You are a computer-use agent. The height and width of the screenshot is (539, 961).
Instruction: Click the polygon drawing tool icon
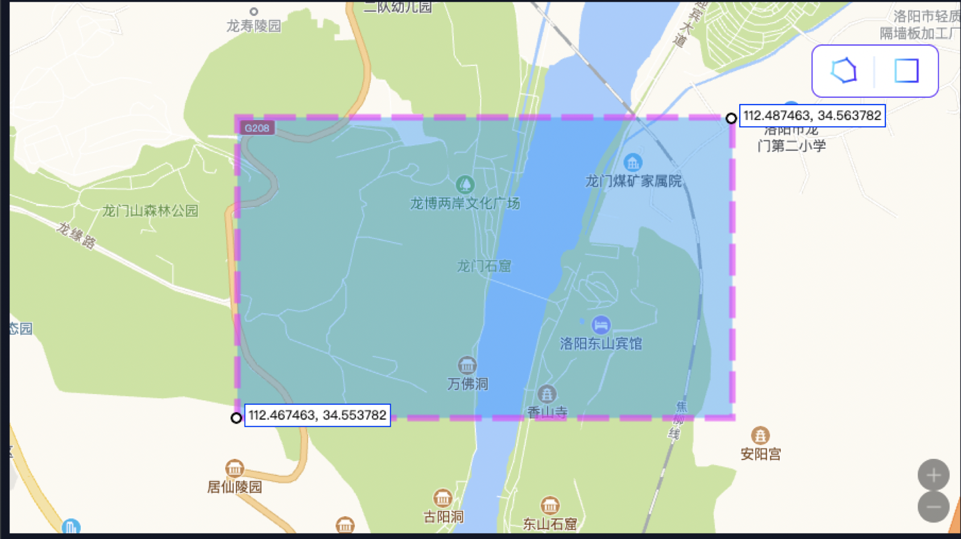pyautogui.click(x=844, y=71)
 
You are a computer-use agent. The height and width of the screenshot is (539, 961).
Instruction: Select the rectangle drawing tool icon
pyautogui.click(x=906, y=71)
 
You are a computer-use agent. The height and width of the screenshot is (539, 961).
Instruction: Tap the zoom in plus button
pyautogui.click(x=933, y=475)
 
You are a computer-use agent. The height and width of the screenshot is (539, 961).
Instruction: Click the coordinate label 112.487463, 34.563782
pyautogui.click(x=812, y=116)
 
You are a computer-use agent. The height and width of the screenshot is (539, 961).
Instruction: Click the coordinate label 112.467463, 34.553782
pyautogui.click(x=317, y=415)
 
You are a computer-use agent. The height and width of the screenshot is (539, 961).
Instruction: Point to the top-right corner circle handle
pyautogui.click(x=731, y=118)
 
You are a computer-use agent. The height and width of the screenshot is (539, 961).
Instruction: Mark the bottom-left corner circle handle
pyautogui.click(x=236, y=418)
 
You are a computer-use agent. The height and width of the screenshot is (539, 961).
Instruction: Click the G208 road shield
pyautogui.click(x=256, y=128)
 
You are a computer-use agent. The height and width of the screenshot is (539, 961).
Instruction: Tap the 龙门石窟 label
pyautogui.click(x=484, y=266)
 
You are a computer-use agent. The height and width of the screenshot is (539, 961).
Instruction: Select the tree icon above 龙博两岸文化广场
pyautogui.click(x=465, y=184)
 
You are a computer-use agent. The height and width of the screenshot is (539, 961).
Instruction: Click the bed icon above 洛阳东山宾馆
pyautogui.click(x=600, y=325)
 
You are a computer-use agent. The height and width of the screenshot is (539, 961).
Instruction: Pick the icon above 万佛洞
pyautogui.click(x=467, y=365)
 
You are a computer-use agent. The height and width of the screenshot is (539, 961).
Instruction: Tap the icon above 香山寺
pyautogui.click(x=546, y=393)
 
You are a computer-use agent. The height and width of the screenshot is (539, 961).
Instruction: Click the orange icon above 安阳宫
pyautogui.click(x=760, y=436)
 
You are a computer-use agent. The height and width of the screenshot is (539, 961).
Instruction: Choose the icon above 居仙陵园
pyautogui.click(x=234, y=468)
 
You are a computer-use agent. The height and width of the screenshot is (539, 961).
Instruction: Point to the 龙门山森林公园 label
pyautogui.click(x=150, y=211)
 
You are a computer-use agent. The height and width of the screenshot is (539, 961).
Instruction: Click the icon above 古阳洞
pyautogui.click(x=442, y=499)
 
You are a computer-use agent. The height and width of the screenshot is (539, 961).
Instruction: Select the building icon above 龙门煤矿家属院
pyautogui.click(x=632, y=163)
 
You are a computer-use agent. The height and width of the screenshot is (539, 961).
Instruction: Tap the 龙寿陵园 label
pyautogui.click(x=254, y=26)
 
